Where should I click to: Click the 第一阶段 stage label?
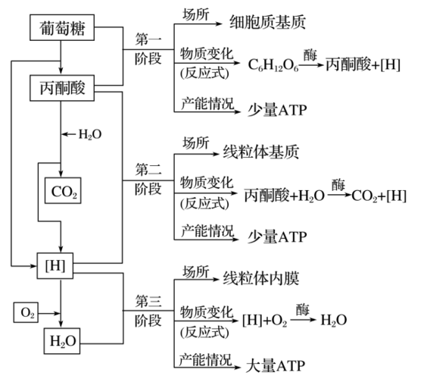[x=148, y=47]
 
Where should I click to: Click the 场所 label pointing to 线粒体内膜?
[x=195, y=271]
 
